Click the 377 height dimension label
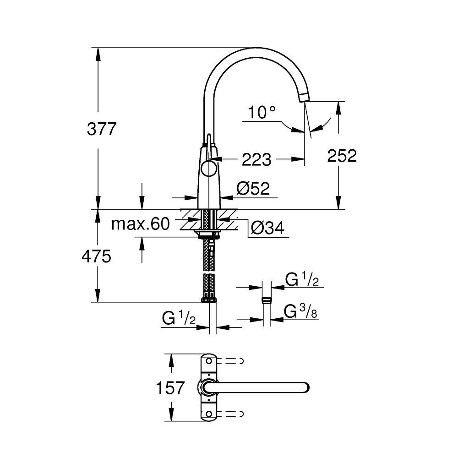tap(102, 130)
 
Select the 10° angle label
tap(262, 112)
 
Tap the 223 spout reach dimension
tap(256, 159)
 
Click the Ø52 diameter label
tap(253, 188)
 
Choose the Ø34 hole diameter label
tap(268, 227)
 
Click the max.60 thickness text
tap(141, 224)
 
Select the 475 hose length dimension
tap(96, 256)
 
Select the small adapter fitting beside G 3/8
tap(265, 301)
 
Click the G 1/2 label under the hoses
tap(179, 318)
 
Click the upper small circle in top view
tap(209, 361)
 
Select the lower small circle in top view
tap(209, 414)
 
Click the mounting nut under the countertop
tap(208, 235)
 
